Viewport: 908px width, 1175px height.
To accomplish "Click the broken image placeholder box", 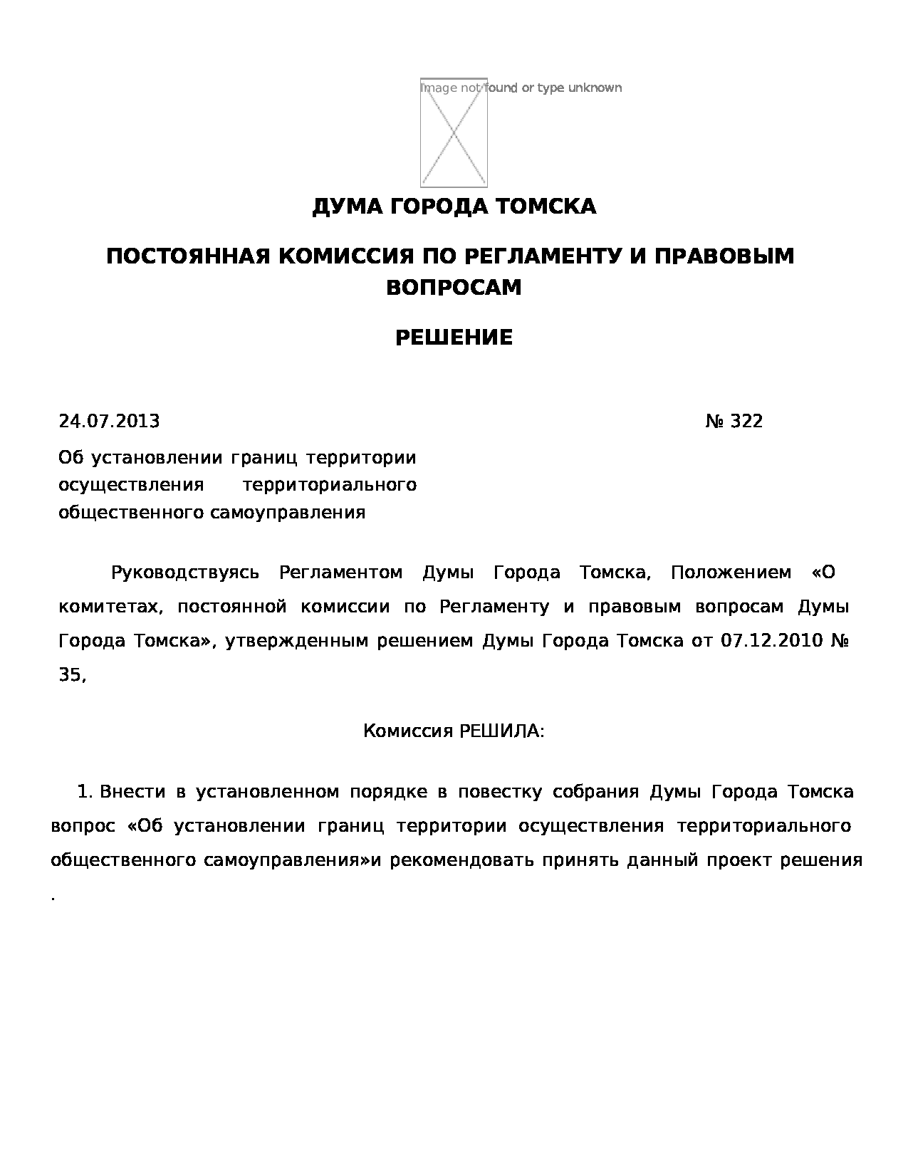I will tap(454, 132).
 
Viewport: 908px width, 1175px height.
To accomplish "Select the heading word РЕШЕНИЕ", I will tap(454, 338).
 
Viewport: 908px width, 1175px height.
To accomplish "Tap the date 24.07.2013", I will tap(109, 422).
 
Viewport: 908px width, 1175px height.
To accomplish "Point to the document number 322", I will tap(746, 422).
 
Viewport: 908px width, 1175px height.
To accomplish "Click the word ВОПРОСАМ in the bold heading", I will tap(454, 288).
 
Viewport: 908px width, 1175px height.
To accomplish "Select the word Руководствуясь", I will tap(185, 573).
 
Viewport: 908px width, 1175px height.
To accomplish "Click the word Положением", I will tap(731, 573).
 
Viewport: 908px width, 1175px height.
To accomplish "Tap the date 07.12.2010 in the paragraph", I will tap(771, 641).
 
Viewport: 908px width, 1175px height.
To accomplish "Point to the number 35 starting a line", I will tap(71, 675).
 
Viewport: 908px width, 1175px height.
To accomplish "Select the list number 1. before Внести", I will tap(85, 792).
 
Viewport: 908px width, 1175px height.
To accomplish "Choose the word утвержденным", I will tap(296, 641).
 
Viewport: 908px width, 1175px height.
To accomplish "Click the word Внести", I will tap(132, 792).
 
